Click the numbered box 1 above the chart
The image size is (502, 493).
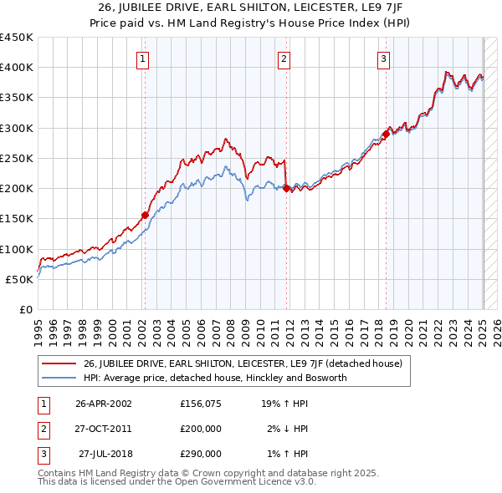(x=144, y=58)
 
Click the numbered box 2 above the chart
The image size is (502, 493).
(x=284, y=58)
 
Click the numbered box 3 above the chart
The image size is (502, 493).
(x=382, y=58)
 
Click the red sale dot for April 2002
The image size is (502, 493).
(x=145, y=215)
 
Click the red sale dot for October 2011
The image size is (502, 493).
(x=286, y=188)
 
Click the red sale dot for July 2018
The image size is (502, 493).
(x=386, y=134)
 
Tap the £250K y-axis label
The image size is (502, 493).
(x=17, y=158)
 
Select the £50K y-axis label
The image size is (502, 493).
(x=20, y=279)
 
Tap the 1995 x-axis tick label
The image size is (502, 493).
(x=39, y=328)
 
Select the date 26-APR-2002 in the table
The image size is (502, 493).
(x=103, y=403)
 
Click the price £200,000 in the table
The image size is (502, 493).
(x=201, y=429)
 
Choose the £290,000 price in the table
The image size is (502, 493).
(x=201, y=454)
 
